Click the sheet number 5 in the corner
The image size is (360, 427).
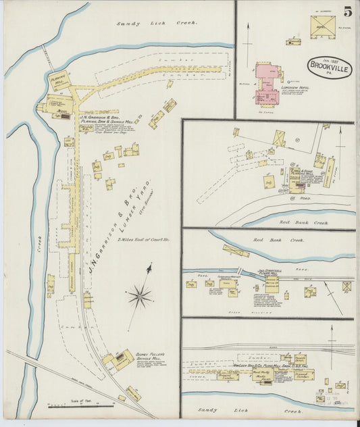point(346,11)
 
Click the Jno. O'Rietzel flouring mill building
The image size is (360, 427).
point(272,284)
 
